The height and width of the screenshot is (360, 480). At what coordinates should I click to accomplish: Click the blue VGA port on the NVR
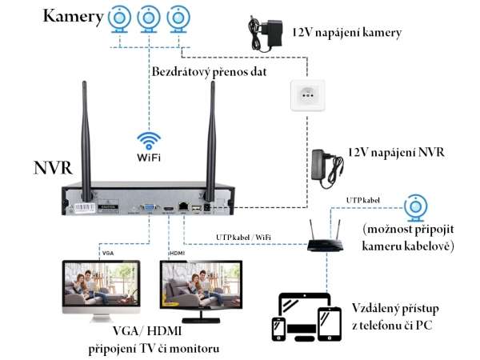point(150,207)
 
